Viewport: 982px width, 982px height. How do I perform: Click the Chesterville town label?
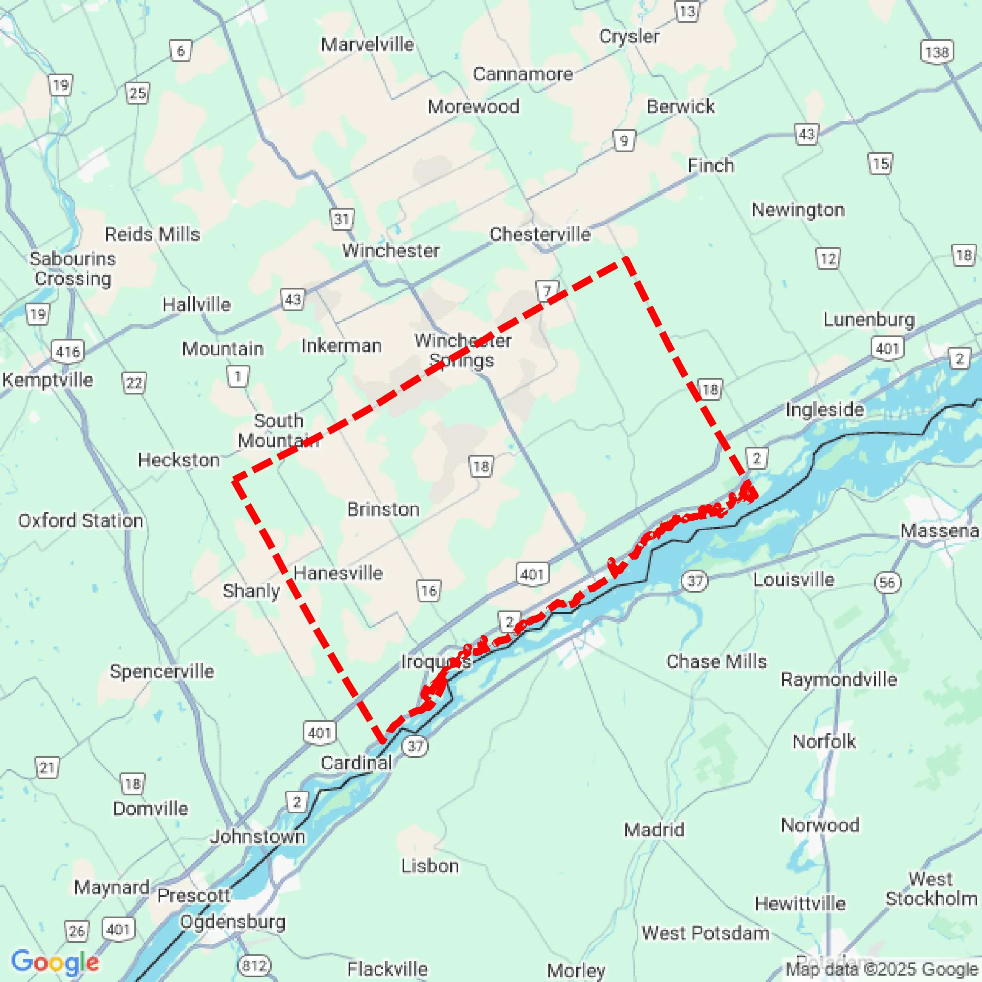pos(540,234)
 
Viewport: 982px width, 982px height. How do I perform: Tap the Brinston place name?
pos(383,509)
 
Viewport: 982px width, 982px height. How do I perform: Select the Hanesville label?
pos(338,573)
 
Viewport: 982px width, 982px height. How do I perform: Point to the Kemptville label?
pos(47,380)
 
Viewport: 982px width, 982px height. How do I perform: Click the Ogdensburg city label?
pos(233,922)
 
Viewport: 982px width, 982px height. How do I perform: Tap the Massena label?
pos(939,531)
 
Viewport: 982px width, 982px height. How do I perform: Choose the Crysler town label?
pos(629,36)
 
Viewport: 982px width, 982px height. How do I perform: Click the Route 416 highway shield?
pos(68,351)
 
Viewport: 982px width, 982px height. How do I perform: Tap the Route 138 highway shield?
pos(937,52)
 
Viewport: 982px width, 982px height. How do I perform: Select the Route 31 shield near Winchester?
pos(341,219)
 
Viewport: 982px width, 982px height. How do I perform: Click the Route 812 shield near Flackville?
pos(254,965)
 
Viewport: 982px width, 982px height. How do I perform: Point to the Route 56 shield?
pos(888,582)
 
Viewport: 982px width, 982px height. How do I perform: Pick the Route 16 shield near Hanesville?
pos(429,590)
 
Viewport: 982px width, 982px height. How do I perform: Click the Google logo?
pos(55,962)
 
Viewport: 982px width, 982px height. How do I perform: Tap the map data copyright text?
pos(883,969)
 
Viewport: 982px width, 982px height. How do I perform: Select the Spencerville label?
pos(162,671)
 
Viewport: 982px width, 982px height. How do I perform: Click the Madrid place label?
pos(654,830)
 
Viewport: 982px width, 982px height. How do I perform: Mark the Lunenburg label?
pos(868,319)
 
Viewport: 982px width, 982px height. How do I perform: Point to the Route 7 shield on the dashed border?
pos(548,291)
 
